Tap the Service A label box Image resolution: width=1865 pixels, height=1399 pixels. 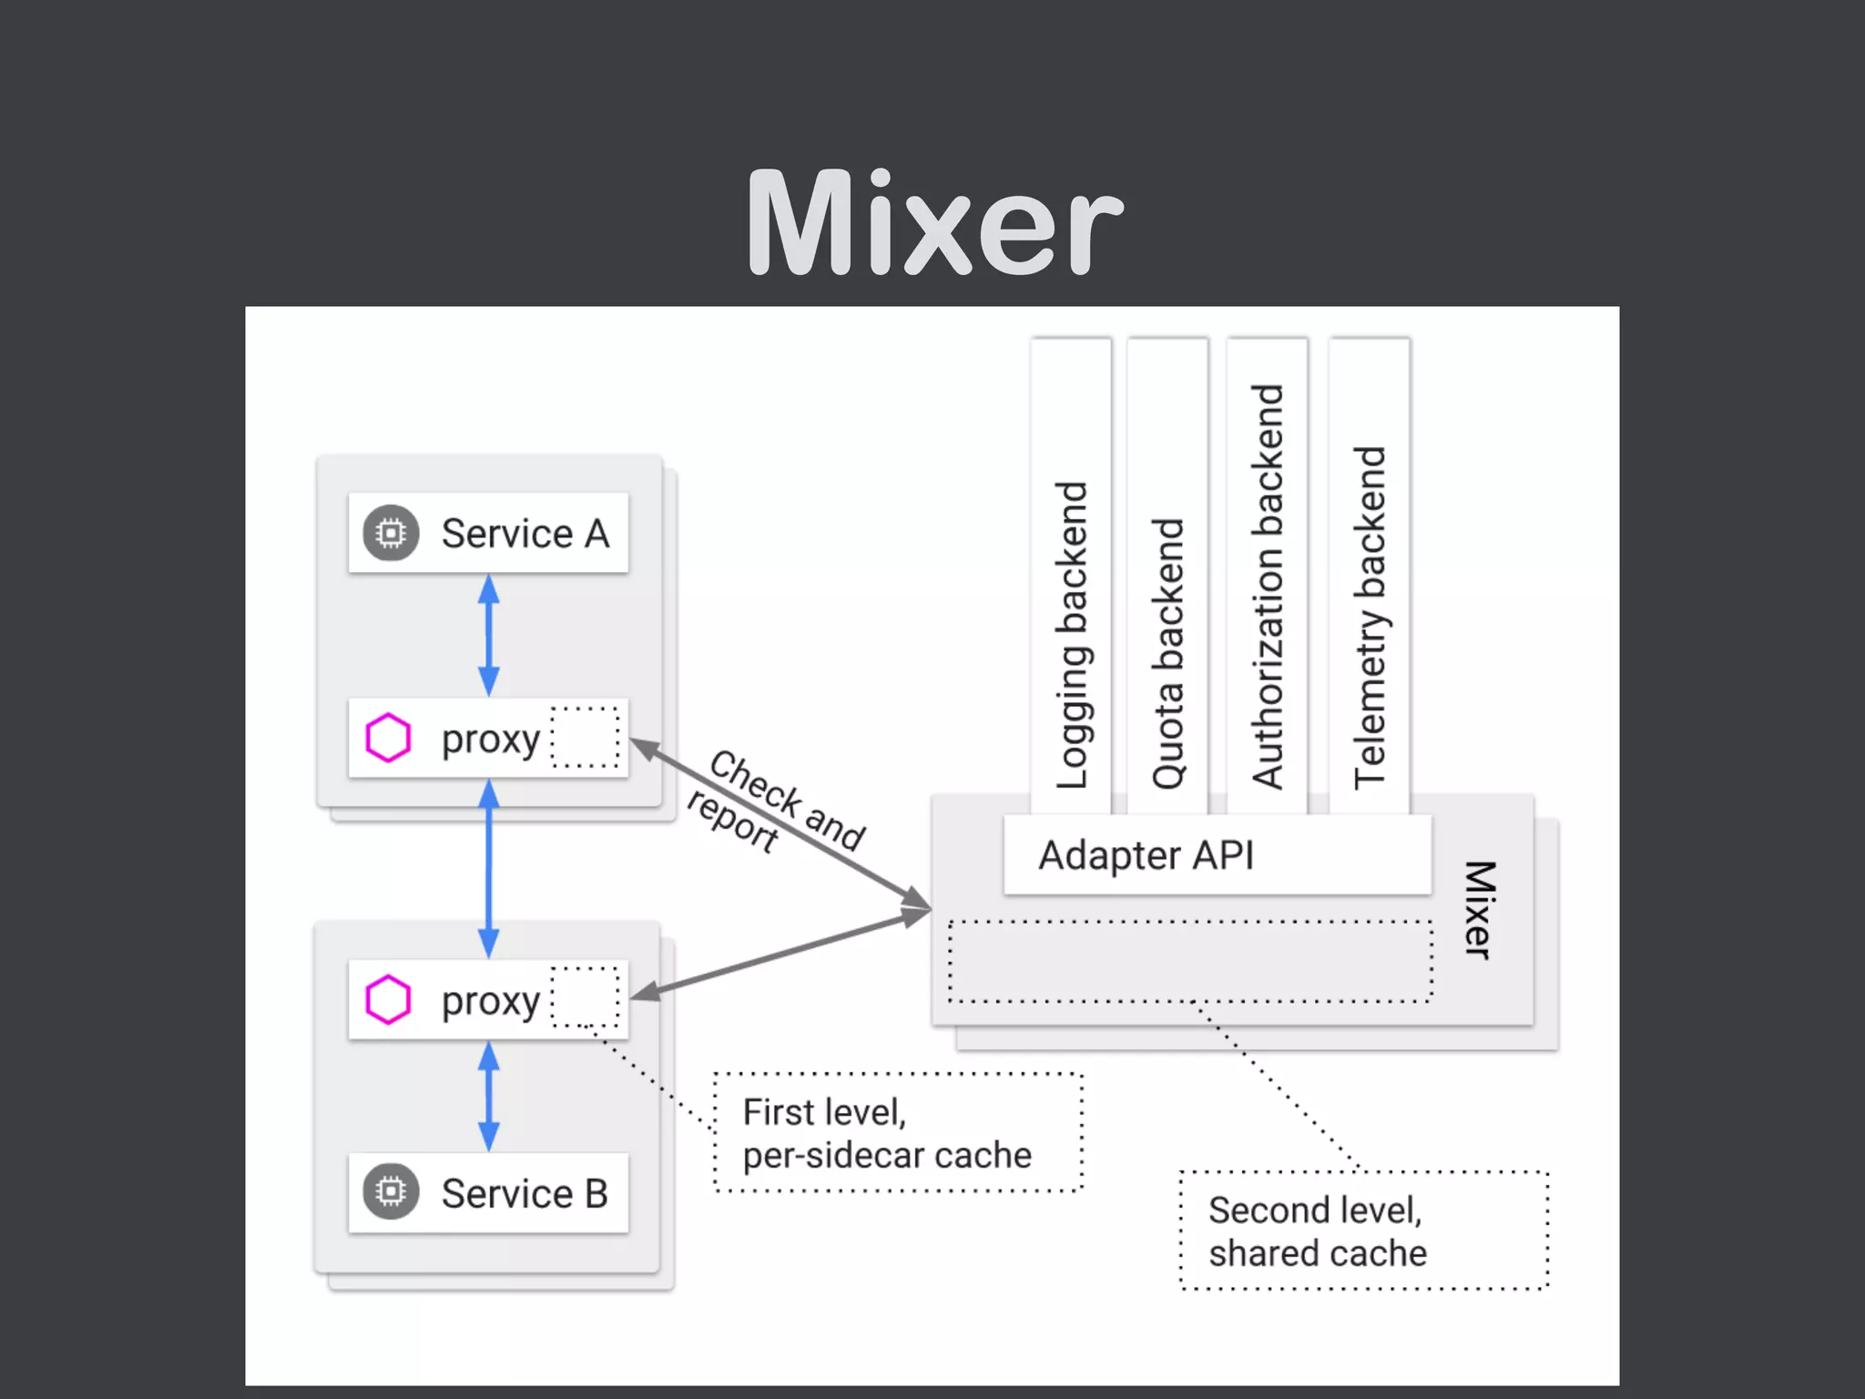[x=488, y=533]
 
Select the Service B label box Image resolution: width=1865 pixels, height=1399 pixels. [x=488, y=1192]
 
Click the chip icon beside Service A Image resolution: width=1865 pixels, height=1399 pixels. [x=391, y=533]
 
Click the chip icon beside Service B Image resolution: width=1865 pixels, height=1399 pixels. [x=391, y=1191]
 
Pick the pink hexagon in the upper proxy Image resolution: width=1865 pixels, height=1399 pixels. [x=388, y=738]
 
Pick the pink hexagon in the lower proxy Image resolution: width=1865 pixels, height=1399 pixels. [x=388, y=999]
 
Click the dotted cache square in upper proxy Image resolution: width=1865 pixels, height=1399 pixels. [x=586, y=737]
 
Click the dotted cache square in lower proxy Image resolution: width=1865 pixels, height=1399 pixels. [x=586, y=997]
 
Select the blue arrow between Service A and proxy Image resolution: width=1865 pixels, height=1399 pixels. [x=489, y=635]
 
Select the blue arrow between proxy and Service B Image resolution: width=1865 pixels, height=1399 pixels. [x=489, y=1097]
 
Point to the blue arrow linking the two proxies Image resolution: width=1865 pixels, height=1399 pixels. [x=489, y=870]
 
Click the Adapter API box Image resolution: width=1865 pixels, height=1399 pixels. [x=1217, y=855]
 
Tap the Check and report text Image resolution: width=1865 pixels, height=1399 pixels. [x=774, y=802]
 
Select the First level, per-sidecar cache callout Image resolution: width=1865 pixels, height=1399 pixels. [x=898, y=1133]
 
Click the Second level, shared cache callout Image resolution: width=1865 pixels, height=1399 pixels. [x=1363, y=1231]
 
